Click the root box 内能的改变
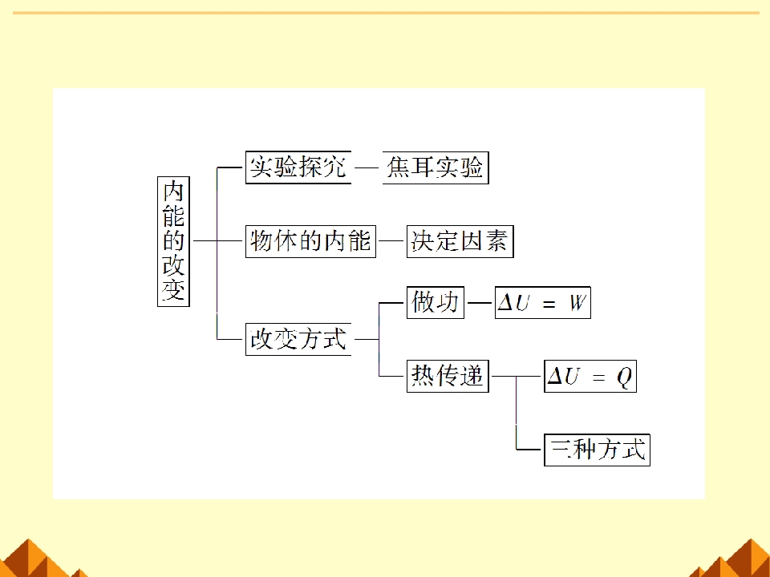click(173, 241)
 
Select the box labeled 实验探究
click(298, 167)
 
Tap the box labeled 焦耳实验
click(436, 167)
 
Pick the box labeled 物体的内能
click(310, 241)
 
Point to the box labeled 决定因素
click(460, 241)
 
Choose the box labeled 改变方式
click(298, 339)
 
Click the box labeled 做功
click(435, 303)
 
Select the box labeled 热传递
click(448, 377)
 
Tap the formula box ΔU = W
click(543, 303)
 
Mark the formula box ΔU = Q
click(590, 377)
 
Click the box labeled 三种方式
click(597, 450)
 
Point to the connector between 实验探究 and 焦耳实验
click(367, 167)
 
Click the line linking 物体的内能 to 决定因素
click(391, 241)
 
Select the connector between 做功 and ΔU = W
click(480, 303)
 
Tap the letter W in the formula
click(577, 303)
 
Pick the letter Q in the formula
click(624, 377)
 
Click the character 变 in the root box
click(173, 289)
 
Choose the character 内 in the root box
click(173, 192)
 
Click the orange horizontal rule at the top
click(386, 13)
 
